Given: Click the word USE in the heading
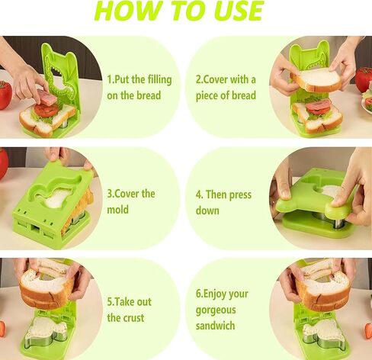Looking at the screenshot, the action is (238, 11).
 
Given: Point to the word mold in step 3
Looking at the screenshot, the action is (117, 210).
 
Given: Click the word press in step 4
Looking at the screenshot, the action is (239, 195).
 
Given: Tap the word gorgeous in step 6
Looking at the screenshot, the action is (216, 310).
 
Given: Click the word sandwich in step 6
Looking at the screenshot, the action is (215, 326).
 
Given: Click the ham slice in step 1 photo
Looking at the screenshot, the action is (47, 98).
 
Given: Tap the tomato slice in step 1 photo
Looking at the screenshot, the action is (46, 110).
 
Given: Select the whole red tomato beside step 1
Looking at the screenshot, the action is (5, 95).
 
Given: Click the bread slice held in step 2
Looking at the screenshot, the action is (316, 79).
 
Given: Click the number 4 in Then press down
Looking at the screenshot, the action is (198, 195).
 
